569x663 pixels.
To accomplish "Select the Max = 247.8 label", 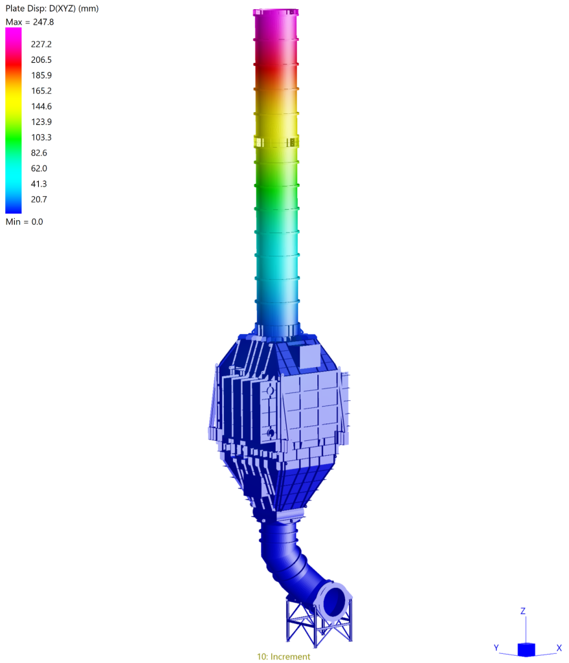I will [30, 22].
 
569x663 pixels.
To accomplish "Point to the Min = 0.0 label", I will [24, 221].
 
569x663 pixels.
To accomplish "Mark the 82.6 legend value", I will [39, 153].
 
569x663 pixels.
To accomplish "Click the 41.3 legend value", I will [39, 184].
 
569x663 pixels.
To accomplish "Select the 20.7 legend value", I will [39, 199].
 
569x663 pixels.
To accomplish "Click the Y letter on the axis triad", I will [495, 647].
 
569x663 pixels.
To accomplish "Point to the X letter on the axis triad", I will [559, 647].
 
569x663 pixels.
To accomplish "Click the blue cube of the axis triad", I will [526, 649].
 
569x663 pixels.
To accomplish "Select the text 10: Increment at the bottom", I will [284, 657].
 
